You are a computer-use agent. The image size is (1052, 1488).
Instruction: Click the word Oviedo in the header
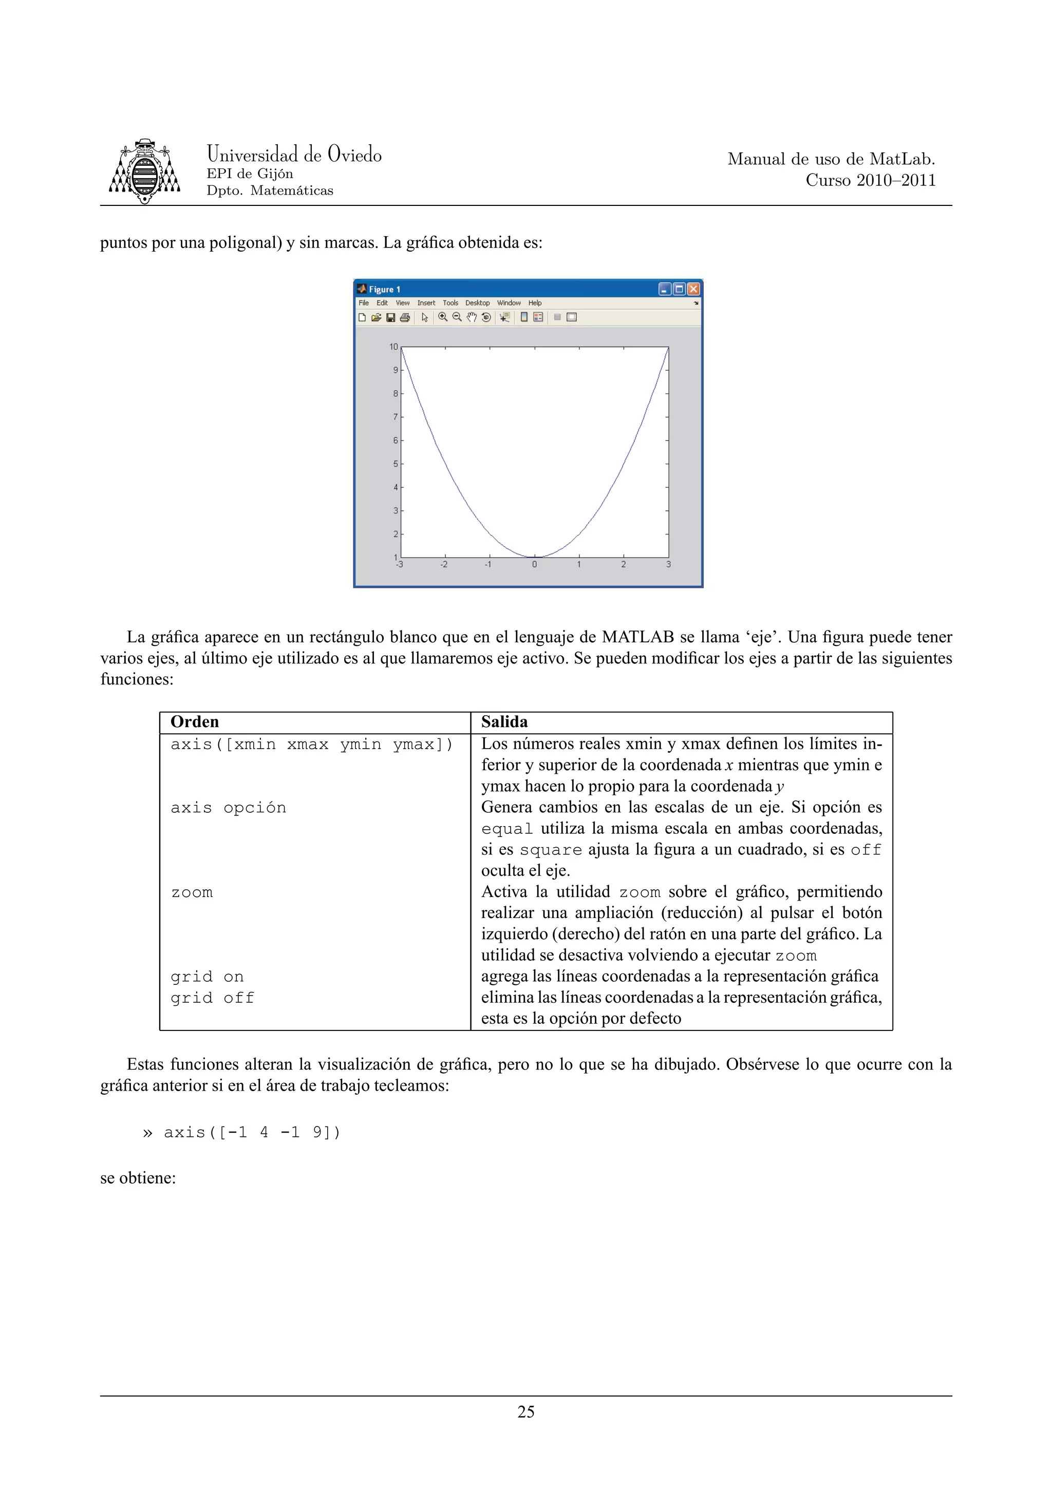point(354,154)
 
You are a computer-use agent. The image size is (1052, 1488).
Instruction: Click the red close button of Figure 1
point(693,289)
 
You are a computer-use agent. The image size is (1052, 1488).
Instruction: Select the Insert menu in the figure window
point(426,302)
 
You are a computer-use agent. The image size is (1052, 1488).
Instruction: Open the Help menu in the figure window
point(534,302)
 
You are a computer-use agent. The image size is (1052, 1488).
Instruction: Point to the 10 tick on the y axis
point(393,347)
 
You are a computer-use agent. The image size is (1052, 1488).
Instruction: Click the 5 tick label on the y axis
point(396,464)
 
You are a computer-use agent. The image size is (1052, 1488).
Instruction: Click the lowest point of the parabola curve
point(535,557)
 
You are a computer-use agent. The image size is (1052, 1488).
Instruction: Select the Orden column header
point(195,722)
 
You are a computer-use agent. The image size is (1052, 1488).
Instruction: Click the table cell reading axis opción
point(228,808)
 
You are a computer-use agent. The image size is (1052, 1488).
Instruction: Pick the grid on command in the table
point(207,977)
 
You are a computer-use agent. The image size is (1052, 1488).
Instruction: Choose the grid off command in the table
point(212,998)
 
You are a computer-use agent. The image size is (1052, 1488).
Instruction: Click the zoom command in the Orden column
point(192,892)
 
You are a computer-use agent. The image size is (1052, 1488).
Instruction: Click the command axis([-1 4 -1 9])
point(252,1132)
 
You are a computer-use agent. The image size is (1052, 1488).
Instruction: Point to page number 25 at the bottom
point(525,1411)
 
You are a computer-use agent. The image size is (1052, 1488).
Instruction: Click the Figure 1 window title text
point(384,290)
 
